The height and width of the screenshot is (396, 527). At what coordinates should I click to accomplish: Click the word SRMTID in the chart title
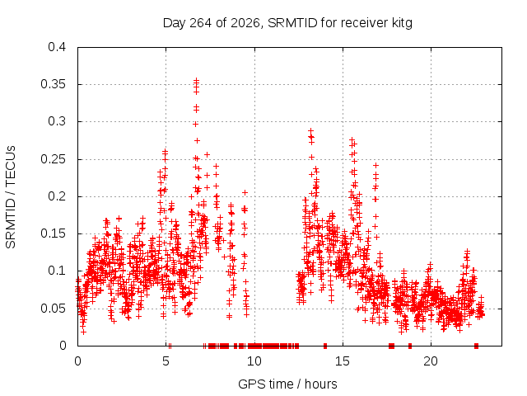click(x=292, y=23)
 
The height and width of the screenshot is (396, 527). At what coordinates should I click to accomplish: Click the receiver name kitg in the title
click(x=402, y=23)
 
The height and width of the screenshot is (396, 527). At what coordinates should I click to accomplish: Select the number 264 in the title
click(x=201, y=23)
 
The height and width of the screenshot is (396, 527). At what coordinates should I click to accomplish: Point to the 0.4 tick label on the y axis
click(x=57, y=47)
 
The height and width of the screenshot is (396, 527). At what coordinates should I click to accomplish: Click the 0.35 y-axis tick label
click(x=53, y=84)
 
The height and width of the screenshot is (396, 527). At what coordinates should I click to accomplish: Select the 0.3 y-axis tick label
click(x=57, y=121)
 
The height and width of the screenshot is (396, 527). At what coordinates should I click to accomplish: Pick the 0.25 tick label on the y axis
click(x=53, y=159)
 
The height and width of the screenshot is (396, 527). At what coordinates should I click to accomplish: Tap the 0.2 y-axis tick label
click(x=57, y=196)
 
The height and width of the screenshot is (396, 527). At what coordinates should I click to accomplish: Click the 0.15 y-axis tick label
click(x=53, y=233)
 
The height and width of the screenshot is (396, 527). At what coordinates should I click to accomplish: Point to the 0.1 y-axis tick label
click(x=57, y=271)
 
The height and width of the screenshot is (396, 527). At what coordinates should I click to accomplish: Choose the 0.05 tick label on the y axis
click(x=53, y=309)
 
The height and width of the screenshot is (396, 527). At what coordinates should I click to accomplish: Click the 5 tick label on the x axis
click(x=166, y=361)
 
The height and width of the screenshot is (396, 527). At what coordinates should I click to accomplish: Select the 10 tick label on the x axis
click(x=254, y=361)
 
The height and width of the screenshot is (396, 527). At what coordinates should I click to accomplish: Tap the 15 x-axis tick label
click(x=343, y=361)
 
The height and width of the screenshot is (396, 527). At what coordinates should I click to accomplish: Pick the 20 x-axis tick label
click(x=431, y=361)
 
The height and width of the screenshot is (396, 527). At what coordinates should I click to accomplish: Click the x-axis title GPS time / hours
click(x=287, y=384)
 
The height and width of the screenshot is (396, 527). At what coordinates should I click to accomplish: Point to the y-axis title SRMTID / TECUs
click(x=11, y=197)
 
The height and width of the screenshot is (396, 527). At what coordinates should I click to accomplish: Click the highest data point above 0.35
click(x=196, y=81)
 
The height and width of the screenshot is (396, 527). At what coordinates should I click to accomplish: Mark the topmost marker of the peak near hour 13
click(x=311, y=130)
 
